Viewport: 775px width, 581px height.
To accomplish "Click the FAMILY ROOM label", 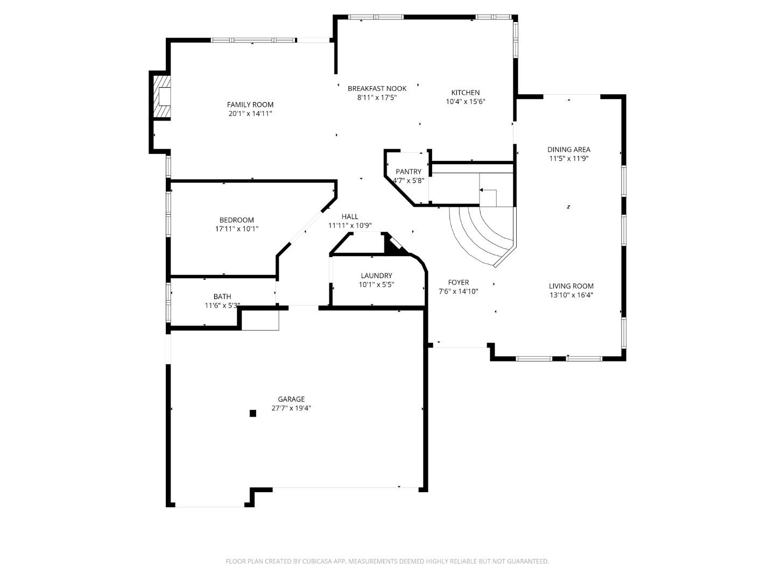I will click(250, 104).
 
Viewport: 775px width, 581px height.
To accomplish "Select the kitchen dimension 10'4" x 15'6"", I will click(466, 102).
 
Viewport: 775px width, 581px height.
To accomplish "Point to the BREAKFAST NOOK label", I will click(377, 88).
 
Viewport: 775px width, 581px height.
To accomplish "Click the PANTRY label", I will click(408, 172).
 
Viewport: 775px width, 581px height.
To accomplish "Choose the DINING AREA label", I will click(569, 150).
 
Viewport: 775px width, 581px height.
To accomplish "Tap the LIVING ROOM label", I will click(571, 286).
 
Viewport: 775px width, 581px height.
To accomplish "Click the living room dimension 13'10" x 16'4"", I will click(571, 295).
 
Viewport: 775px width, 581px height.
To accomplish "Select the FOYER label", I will click(458, 282).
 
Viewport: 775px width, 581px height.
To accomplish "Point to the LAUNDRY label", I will click(376, 275).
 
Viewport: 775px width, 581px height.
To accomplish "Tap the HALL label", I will click(350, 217).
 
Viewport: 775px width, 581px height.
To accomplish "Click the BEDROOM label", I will click(236, 220).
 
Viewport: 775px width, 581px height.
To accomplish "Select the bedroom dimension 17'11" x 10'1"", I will click(236, 229).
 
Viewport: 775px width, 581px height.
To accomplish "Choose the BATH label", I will click(222, 296).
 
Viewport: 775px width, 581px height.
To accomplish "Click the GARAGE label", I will click(291, 399).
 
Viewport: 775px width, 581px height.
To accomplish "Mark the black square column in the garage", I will click(252, 413).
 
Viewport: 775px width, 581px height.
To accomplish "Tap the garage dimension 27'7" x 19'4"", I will click(291, 408).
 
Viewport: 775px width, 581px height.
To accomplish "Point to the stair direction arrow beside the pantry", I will click(481, 190).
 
